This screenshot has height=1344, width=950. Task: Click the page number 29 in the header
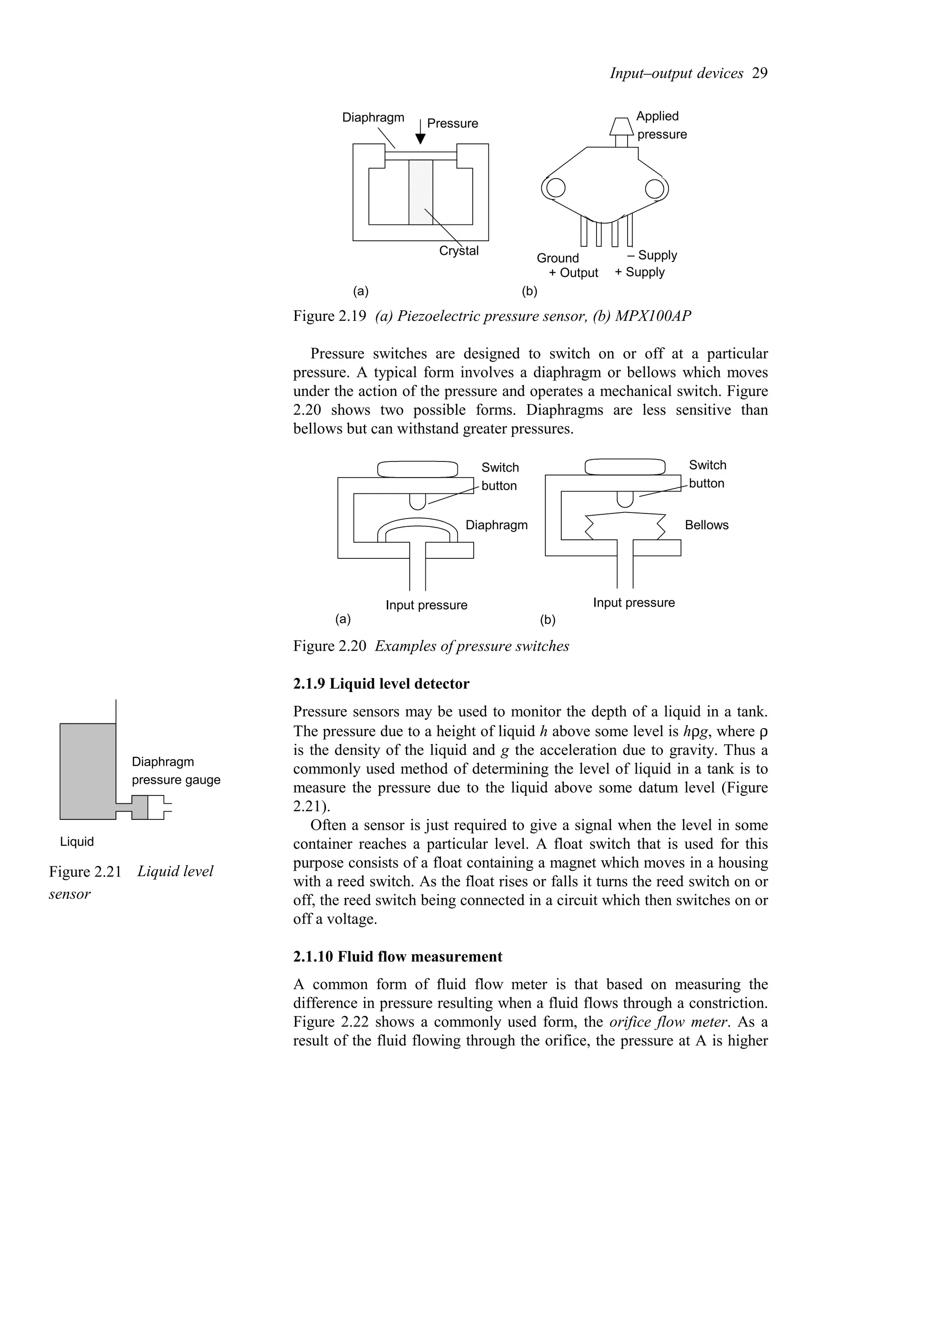point(759,73)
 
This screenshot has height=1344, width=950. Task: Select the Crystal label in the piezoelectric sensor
point(459,251)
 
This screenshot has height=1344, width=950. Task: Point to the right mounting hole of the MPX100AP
point(655,188)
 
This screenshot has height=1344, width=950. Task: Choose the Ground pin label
point(557,258)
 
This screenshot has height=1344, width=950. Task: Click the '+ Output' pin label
point(574,273)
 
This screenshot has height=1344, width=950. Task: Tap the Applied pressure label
point(661,125)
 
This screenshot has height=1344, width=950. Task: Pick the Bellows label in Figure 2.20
point(706,525)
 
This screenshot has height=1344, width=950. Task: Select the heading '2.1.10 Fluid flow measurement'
point(398,956)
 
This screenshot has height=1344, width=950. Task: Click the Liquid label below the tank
point(77,842)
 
